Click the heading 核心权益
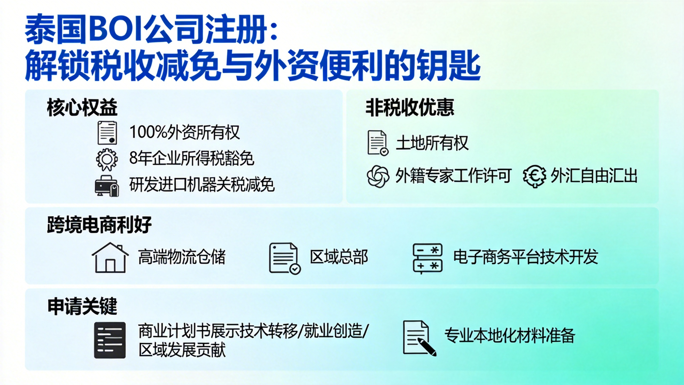(82, 107)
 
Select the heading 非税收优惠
(410, 107)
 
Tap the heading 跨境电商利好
(99, 225)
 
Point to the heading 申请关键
(82, 306)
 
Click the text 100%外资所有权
(184, 132)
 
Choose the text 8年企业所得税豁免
(192, 158)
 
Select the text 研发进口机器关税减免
(202, 184)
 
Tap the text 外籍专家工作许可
(453, 176)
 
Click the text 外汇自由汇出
(594, 176)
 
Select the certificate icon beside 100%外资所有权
(107, 133)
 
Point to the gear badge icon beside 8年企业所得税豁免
(107, 160)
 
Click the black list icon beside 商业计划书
(110, 340)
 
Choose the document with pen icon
(419, 338)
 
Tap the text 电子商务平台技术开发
(526, 257)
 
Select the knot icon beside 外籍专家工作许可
(378, 176)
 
